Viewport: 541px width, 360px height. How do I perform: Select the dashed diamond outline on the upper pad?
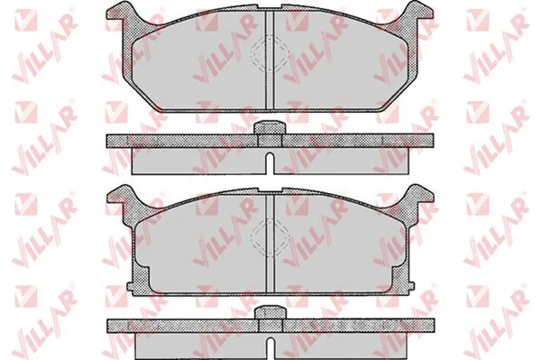coord(269,54)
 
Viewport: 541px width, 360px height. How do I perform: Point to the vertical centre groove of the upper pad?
coord(270,60)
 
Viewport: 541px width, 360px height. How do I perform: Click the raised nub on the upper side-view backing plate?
coord(270,128)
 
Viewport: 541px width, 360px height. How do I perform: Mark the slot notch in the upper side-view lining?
coord(270,163)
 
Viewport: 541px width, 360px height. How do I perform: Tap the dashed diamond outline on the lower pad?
coord(269,238)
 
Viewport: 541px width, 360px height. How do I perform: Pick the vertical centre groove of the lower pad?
coord(270,244)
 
